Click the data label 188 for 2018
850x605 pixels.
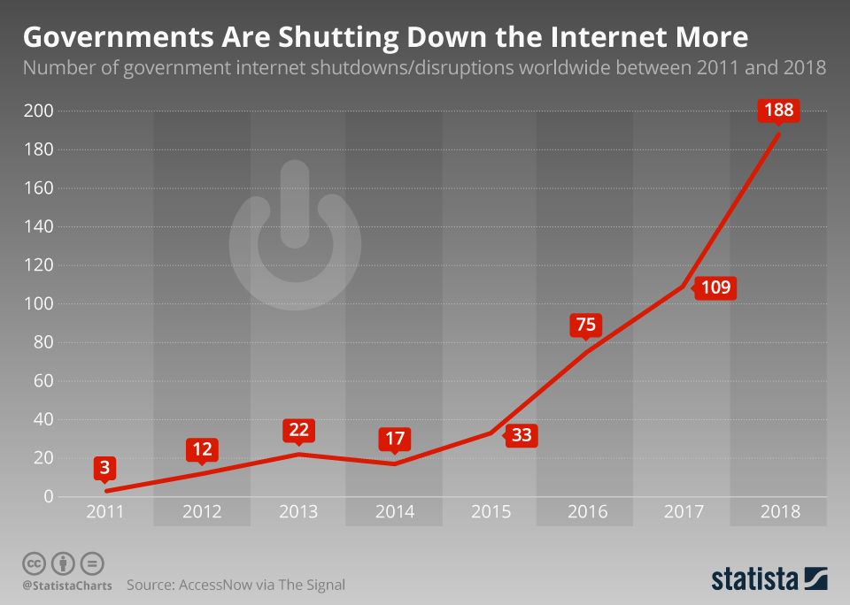pos(778,111)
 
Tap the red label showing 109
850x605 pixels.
pos(715,288)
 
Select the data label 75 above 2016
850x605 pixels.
pos(585,325)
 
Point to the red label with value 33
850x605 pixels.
pos(522,436)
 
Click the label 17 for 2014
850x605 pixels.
pos(394,438)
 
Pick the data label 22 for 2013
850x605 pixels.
pos(298,430)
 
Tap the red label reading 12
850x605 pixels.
pos(201,449)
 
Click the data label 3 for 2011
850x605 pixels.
pos(104,467)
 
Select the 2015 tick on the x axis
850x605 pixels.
pos(491,512)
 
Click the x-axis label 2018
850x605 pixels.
pos(779,512)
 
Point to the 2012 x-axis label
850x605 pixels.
pos(201,512)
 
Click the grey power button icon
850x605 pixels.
pos(295,237)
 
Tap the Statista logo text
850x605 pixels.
pos(753,579)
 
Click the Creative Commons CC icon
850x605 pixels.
pos(35,563)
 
